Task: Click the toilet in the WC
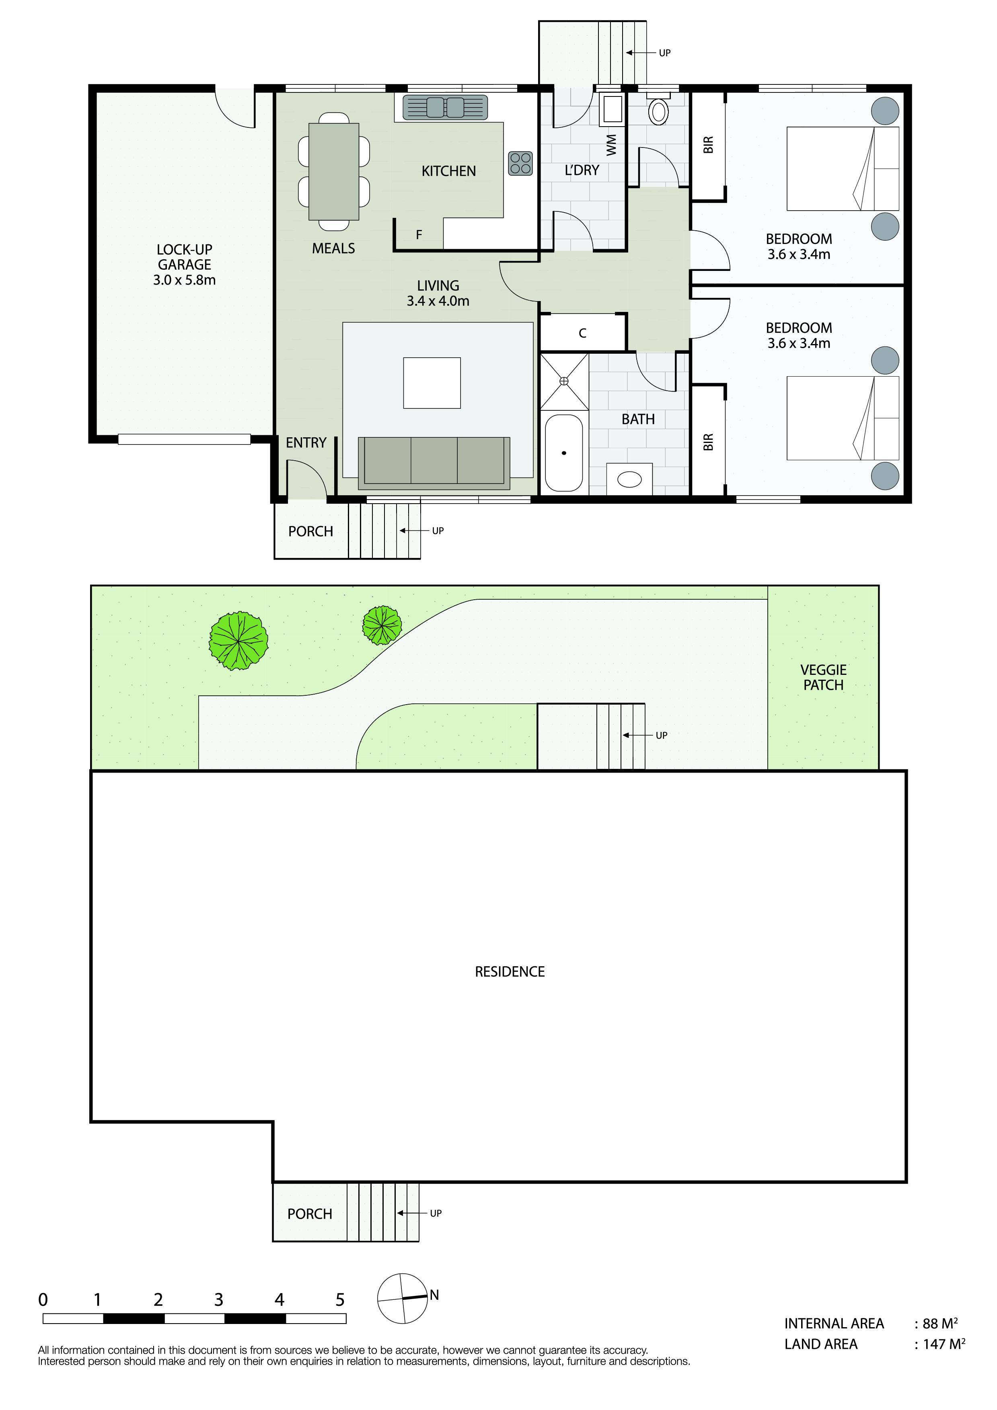click(658, 110)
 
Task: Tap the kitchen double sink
click(445, 107)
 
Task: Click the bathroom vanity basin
click(630, 479)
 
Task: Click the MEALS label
click(333, 248)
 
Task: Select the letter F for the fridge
click(419, 235)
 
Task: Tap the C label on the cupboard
click(582, 334)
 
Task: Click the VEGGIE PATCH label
click(823, 677)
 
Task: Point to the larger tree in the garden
click(238, 641)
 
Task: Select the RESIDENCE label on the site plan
click(510, 971)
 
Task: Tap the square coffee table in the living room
click(432, 383)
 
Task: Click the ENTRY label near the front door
click(306, 443)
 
